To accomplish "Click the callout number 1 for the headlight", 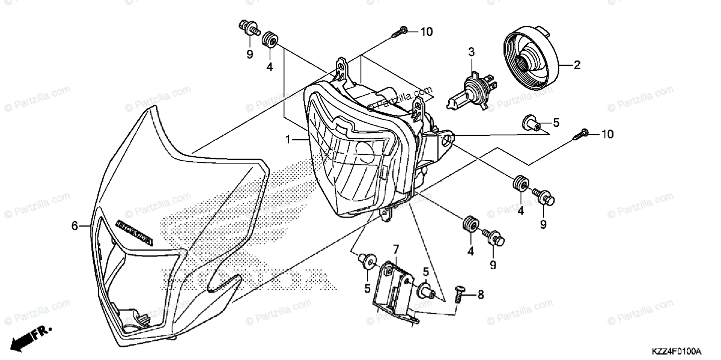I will point(288,140).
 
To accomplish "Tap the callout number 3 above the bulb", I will point(472,52).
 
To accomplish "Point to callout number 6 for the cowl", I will point(75,226).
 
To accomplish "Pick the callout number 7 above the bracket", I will point(396,249).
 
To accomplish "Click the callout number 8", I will point(480,295).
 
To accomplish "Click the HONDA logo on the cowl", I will point(133,233).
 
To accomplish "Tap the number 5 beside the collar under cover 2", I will point(556,123).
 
